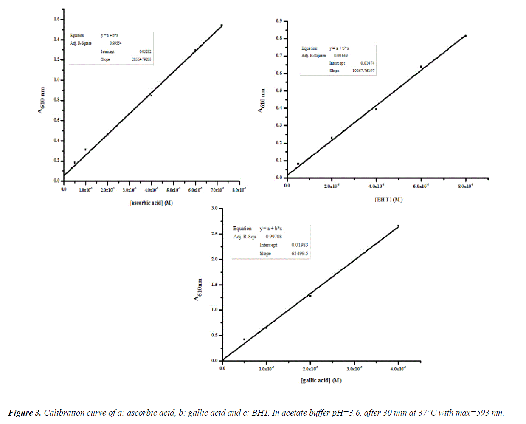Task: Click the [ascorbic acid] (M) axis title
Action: (x=151, y=203)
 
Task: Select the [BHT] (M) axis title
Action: (x=388, y=200)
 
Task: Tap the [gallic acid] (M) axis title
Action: (x=321, y=380)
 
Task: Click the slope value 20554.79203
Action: (x=141, y=59)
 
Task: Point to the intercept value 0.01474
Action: (x=367, y=63)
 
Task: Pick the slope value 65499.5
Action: (x=300, y=254)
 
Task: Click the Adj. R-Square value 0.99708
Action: (x=274, y=237)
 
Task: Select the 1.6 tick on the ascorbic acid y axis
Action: (x=57, y=19)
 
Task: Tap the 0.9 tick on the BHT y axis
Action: (x=279, y=21)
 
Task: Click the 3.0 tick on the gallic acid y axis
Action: (x=214, y=208)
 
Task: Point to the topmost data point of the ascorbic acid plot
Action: (x=222, y=25)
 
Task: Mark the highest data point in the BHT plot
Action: (x=466, y=36)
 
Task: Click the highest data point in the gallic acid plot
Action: (x=398, y=226)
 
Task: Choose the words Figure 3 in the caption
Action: (x=25, y=413)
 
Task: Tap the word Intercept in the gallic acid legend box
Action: (x=268, y=245)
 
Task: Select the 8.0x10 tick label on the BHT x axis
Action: (x=465, y=187)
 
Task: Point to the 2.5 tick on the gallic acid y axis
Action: (x=214, y=234)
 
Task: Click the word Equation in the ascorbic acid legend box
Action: (x=77, y=36)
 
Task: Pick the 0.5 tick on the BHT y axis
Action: (x=279, y=90)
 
